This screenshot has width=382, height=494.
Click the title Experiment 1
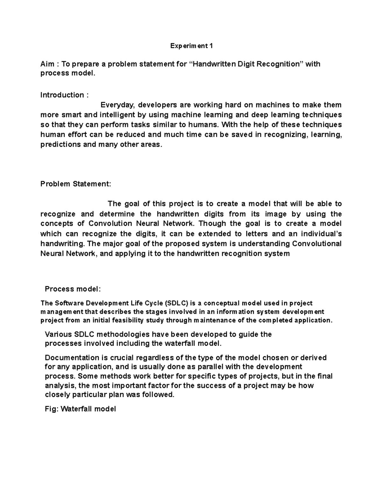click(x=191, y=46)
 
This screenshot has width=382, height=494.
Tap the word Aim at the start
click(x=47, y=64)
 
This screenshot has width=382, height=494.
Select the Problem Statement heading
click(x=76, y=184)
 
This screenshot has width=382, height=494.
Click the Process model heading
click(x=73, y=289)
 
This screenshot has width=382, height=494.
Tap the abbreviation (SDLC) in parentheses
click(x=177, y=303)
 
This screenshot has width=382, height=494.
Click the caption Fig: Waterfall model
click(x=80, y=409)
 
